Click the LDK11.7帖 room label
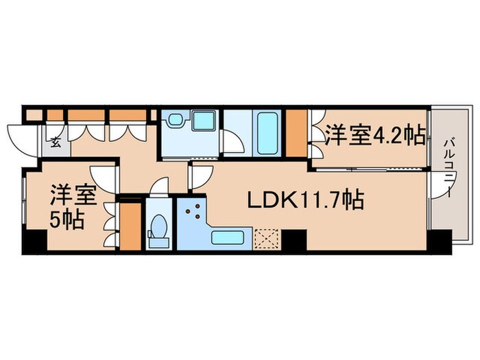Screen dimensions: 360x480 coord(305,200)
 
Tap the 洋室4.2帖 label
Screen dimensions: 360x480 coord(373,135)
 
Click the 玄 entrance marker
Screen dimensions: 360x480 coord(55,143)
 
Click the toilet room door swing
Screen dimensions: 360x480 coord(160,187)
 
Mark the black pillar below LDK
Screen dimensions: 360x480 coord(295,240)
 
